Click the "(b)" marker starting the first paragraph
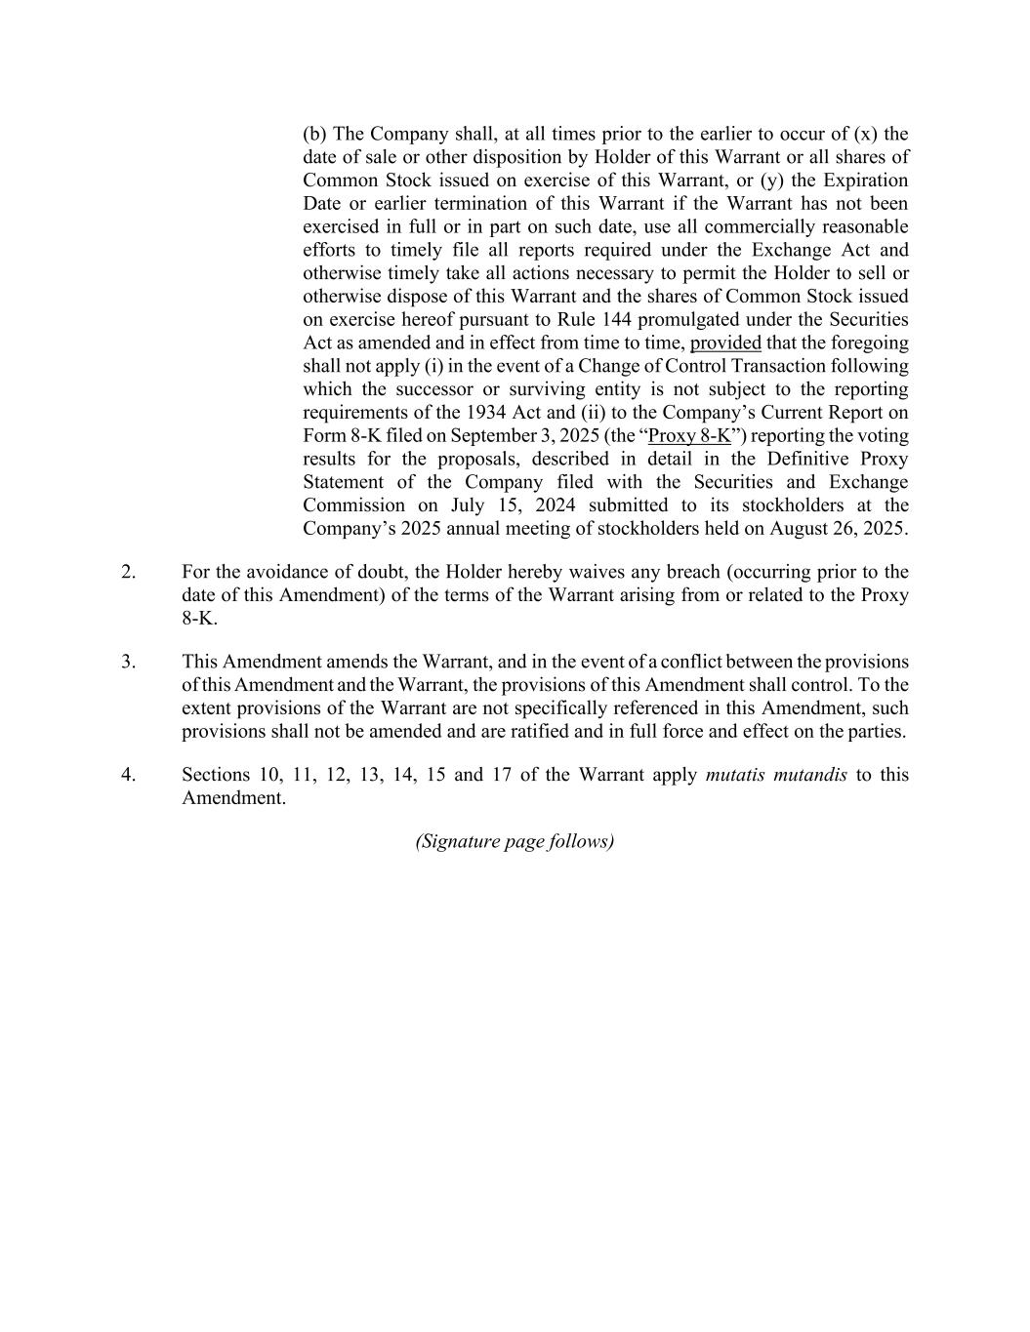[x=315, y=134]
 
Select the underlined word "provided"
[x=725, y=343]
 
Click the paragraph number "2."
[x=129, y=572]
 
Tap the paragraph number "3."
[x=129, y=662]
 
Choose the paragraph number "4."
[x=129, y=775]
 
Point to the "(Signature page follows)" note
[x=515, y=841]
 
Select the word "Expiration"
[x=865, y=181]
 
